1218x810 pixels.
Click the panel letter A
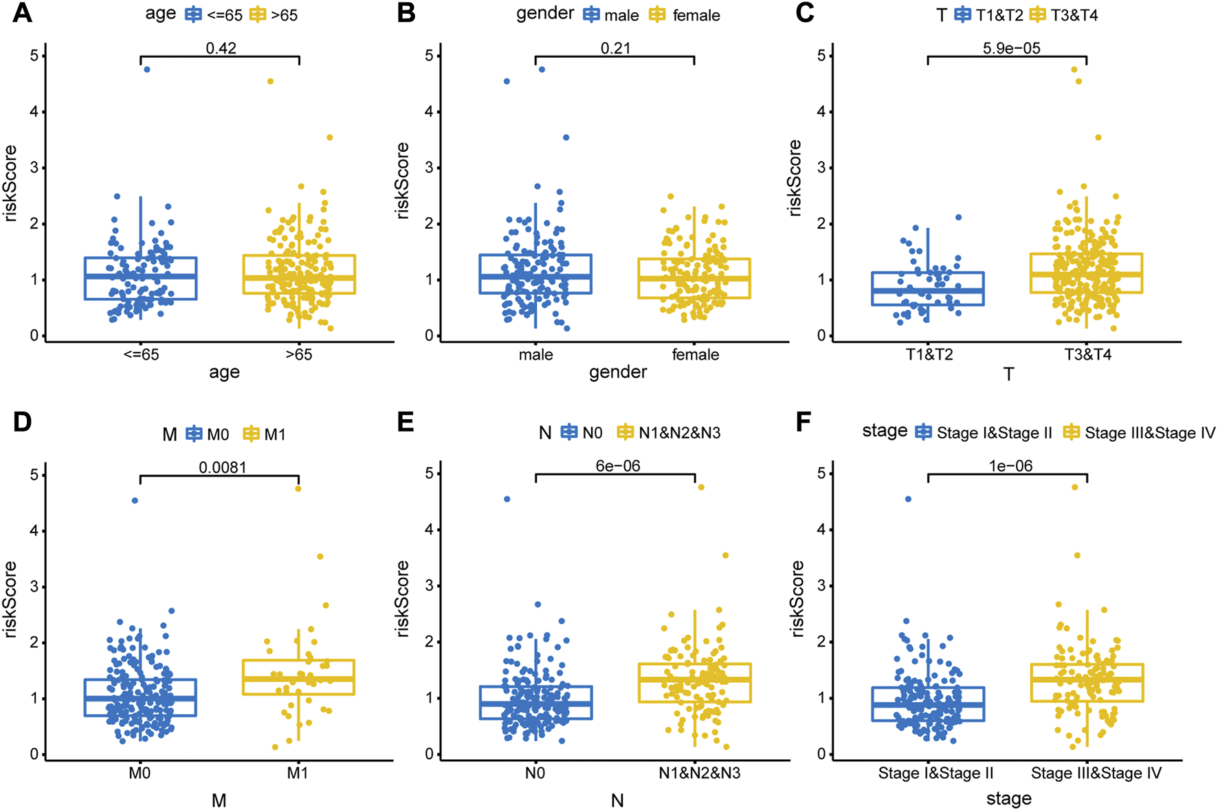pyautogui.click(x=22, y=13)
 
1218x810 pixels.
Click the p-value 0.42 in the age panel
pyautogui.click(x=221, y=48)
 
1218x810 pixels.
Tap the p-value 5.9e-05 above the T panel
pyautogui.click(x=1011, y=48)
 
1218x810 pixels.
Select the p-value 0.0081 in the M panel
pyautogui.click(x=222, y=467)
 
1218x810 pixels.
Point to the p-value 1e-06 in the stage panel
pyautogui.click(x=1010, y=466)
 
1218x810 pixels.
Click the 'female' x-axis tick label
pyautogui.click(x=696, y=355)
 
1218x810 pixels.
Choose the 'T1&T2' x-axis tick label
pyautogui.click(x=929, y=355)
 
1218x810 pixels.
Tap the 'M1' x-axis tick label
pyautogui.click(x=298, y=773)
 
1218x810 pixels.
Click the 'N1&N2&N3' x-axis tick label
pyautogui.click(x=699, y=773)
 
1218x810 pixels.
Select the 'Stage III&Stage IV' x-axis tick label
pyautogui.click(x=1096, y=773)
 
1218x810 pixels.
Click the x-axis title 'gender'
pyautogui.click(x=618, y=372)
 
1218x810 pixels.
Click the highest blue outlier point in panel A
pyautogui.click(x=146, y=69)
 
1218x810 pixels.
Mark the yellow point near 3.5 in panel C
pyautogui.click(x=1098, y=137)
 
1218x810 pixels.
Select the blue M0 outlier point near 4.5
pyautogui.click(x=135, y=500)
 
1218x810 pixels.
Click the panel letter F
pyautogui.click(x=802, y=421)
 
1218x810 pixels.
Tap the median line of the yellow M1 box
pyautogui.click(x=298, y=679)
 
